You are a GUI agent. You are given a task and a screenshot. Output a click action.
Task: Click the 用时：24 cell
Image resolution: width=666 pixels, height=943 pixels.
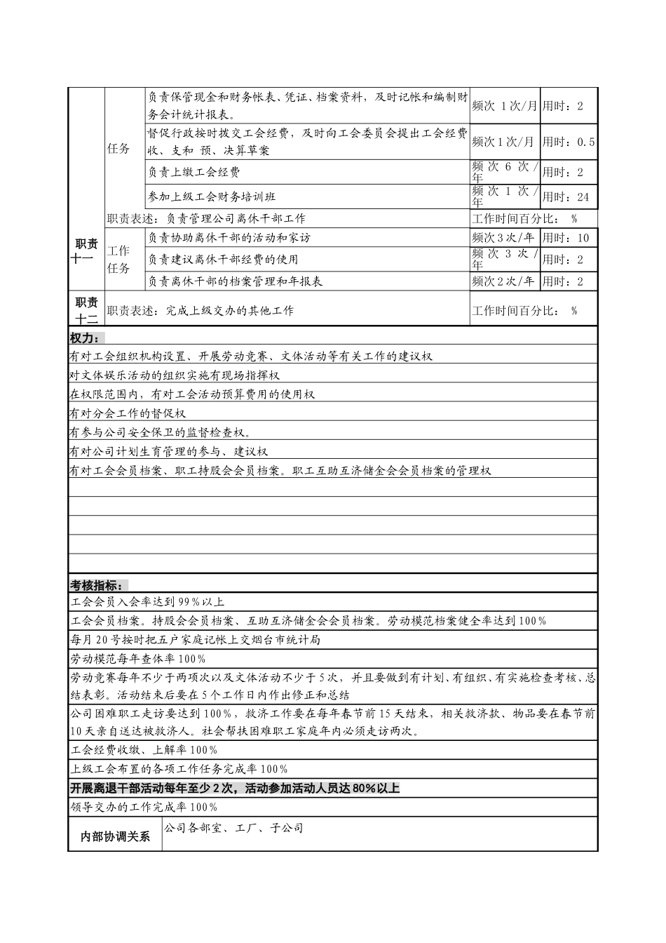point(568,196)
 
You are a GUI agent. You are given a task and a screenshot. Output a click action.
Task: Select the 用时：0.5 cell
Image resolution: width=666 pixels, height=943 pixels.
point(568,142)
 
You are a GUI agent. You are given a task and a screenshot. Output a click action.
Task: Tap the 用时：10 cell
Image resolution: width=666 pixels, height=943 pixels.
point(568,238)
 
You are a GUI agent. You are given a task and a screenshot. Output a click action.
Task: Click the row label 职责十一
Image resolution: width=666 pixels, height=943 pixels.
point(86,250)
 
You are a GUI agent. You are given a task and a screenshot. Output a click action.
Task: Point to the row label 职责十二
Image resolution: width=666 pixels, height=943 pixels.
point(86,309)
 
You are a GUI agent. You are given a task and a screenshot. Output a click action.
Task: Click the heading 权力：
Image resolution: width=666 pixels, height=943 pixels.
point(85,337)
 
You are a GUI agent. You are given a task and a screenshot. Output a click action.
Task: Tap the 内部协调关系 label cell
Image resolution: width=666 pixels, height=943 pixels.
point(116,836)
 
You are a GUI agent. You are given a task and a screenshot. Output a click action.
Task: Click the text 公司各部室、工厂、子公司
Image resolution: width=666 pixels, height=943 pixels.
point(233,829)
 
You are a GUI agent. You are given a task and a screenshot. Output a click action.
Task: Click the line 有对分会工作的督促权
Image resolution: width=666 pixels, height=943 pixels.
point(128,413)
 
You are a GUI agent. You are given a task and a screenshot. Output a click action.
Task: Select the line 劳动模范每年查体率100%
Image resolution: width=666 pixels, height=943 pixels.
point(138,659)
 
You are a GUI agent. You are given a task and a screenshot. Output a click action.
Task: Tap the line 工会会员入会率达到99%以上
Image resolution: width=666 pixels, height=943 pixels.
point(148,602)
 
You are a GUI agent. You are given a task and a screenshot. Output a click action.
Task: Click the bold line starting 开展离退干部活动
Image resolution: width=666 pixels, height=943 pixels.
point(235,788)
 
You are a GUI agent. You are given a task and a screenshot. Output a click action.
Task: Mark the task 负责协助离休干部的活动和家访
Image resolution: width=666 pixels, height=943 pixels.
point(229,238)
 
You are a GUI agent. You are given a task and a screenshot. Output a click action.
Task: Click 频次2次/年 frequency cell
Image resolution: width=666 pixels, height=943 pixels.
point(503,281)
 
